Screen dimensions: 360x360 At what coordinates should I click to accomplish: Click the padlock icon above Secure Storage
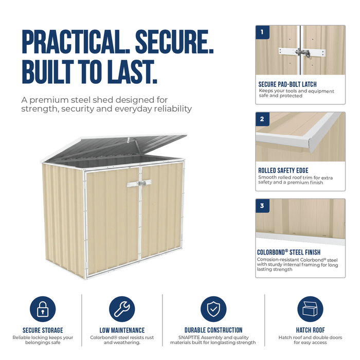(43, 309)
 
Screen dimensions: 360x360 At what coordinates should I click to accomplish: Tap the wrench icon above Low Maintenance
(122, 309)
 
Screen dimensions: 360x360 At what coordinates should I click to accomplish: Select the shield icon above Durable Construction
(213, 309)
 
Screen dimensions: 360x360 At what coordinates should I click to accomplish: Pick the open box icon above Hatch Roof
(310, 309)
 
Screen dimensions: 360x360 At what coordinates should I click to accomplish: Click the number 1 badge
(262, 32)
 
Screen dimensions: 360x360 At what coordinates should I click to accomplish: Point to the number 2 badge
(262, 119)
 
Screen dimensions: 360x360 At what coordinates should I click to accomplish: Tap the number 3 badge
(262, 206)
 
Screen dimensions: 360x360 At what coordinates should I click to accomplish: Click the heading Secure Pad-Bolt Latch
(287, 84)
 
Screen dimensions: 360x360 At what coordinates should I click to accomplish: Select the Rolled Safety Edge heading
(283, 171)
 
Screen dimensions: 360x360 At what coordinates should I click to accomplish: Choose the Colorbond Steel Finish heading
(289, 253)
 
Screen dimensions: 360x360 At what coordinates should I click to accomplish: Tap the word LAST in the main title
(133, 71)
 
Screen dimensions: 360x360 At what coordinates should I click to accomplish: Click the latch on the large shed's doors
(139, 183)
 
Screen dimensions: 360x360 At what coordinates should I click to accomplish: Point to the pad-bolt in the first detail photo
(302, 53)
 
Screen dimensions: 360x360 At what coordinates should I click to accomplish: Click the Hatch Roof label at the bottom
(311, 330)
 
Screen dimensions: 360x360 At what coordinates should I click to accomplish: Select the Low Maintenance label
(122, 330)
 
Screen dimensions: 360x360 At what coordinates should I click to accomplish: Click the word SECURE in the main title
(174, 42)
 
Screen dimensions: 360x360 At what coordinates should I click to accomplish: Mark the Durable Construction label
(213, 330)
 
